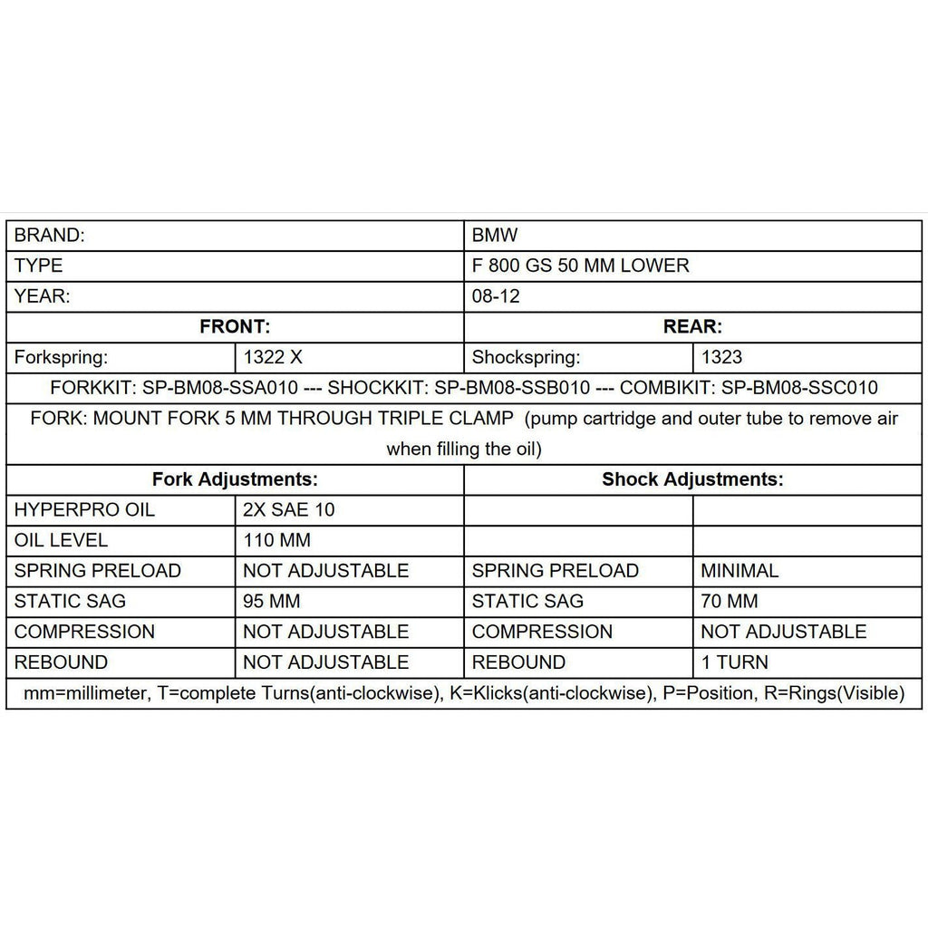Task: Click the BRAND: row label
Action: tap(50, 236)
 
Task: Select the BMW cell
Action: tap(495, 236)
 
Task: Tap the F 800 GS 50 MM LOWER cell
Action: tap(580, 266)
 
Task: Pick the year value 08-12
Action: tap(496, 296)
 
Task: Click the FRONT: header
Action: tap(235, 327)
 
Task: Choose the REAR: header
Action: tap(692, 327)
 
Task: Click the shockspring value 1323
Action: tap(721, 358)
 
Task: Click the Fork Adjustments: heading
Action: tap(235, 479)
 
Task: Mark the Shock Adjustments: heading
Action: tap(692, 479)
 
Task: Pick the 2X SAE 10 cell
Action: tap(289, 510)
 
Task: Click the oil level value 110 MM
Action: tap(276, 540)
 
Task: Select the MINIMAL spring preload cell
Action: tap(739, 571)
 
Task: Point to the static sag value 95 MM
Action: tap(272, 601)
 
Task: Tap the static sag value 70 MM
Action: tap(730, 601)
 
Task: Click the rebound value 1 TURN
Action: tap(735, 662)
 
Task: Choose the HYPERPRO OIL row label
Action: tap(84, 510)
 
